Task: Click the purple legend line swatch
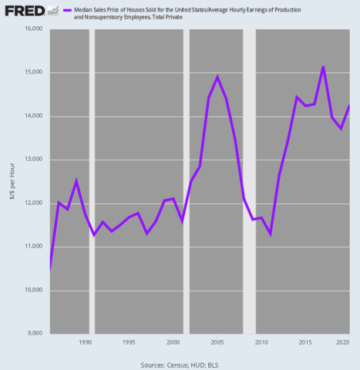click(66, 8)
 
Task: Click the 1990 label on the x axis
click(86, 341)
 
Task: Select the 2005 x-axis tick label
click(217, 341)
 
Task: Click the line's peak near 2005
click(217, 77)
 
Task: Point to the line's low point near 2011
click(270, 234)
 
